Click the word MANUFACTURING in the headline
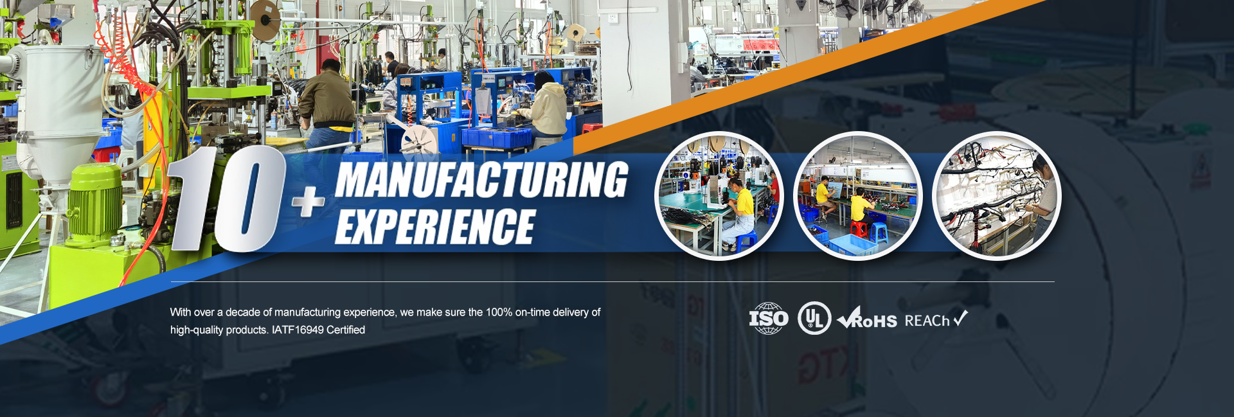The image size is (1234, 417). coord(481,179)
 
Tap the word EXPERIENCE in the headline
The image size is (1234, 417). coord(434,226)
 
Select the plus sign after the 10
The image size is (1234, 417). coord(308,201)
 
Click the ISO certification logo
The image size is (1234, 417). coord(769,319)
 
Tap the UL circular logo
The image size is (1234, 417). coord(814,319)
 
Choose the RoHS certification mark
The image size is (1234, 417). coord(867,318)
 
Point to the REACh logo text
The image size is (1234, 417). coord(936,319)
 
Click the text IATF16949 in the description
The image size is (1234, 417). coord(298,330)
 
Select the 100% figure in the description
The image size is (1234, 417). coord(499,312)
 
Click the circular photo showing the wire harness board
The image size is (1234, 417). coord(996,196)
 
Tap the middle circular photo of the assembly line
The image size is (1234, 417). coord(858,196)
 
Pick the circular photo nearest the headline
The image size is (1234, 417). coord(719,196)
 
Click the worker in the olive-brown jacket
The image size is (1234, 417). coord(328,103)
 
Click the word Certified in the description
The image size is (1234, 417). coord(346,330)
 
